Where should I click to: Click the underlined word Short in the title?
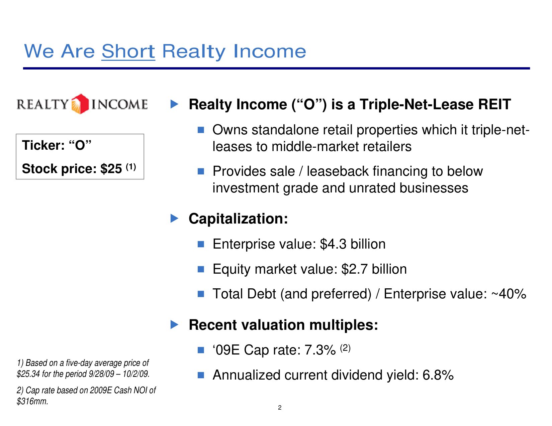pyautogui.click(x=128, y=51)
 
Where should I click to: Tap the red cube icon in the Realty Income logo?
pyautogui.click(x=80, y=104)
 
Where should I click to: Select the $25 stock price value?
pyautogui.click(x=111, y=169)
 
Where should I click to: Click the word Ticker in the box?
pyautogui.click(x=43, y=145)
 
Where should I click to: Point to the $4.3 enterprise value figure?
pyautogui.click(x=333, y=244)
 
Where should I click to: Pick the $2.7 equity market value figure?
pyautogui.click(x=354, y=269)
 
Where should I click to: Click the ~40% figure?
pyautogui.click(x=509, y=294)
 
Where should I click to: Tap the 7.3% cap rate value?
pyautogui.click(x=320, y=350)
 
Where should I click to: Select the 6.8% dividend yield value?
pyautogui.click(x=438, y=375)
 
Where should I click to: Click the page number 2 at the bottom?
pyautogui.click(x=280, y=408)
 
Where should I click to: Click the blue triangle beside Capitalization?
pyautogui.click(x=174, y=219)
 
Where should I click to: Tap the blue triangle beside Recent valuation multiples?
pyautogui.click(x=174, y=324)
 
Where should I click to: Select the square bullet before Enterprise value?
pyautogui.click(x=201, y=244)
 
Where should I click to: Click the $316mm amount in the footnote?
pyautogui.click(x=32, y=401)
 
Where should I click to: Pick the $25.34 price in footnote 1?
pyautogui.click(x=28, y=374)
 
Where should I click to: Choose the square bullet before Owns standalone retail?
pyautogui.click(x=201, y=130)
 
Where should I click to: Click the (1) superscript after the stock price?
pyautogui.click(x=131, y=167)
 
